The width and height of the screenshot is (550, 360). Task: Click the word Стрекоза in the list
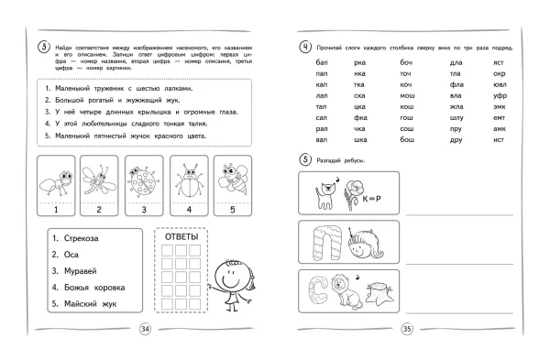coord(80,237)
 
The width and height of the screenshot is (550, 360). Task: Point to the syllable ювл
coord(500,83)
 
